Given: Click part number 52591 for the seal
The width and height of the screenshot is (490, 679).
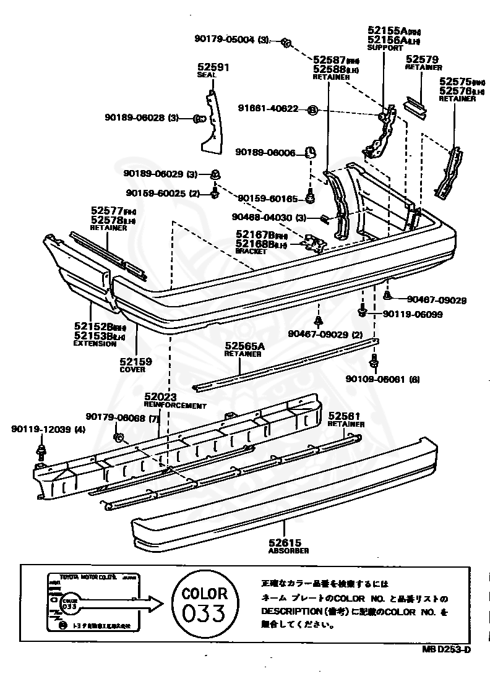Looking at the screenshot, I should click(x=213, y=67).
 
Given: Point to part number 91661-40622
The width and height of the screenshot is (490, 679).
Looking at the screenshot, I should click(x=268, y=109).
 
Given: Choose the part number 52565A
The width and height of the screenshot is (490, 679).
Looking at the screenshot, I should click(x=244, y=347).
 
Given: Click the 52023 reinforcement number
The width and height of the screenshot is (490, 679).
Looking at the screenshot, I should click(x=161, y=397).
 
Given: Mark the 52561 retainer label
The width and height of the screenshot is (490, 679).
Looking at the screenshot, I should click(x=344, y=416).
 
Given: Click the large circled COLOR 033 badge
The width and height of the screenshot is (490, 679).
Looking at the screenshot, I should click(x=204, y=604).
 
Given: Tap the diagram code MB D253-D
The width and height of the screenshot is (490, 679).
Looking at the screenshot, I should click(x=447, y=649).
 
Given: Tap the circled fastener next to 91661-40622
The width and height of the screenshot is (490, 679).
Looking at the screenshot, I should click(x=312, y=110).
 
